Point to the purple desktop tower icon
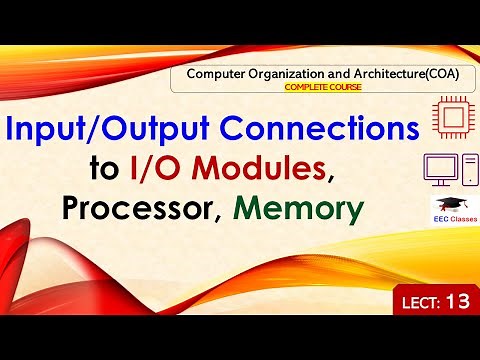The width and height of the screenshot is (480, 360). (x=465, y=168)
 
